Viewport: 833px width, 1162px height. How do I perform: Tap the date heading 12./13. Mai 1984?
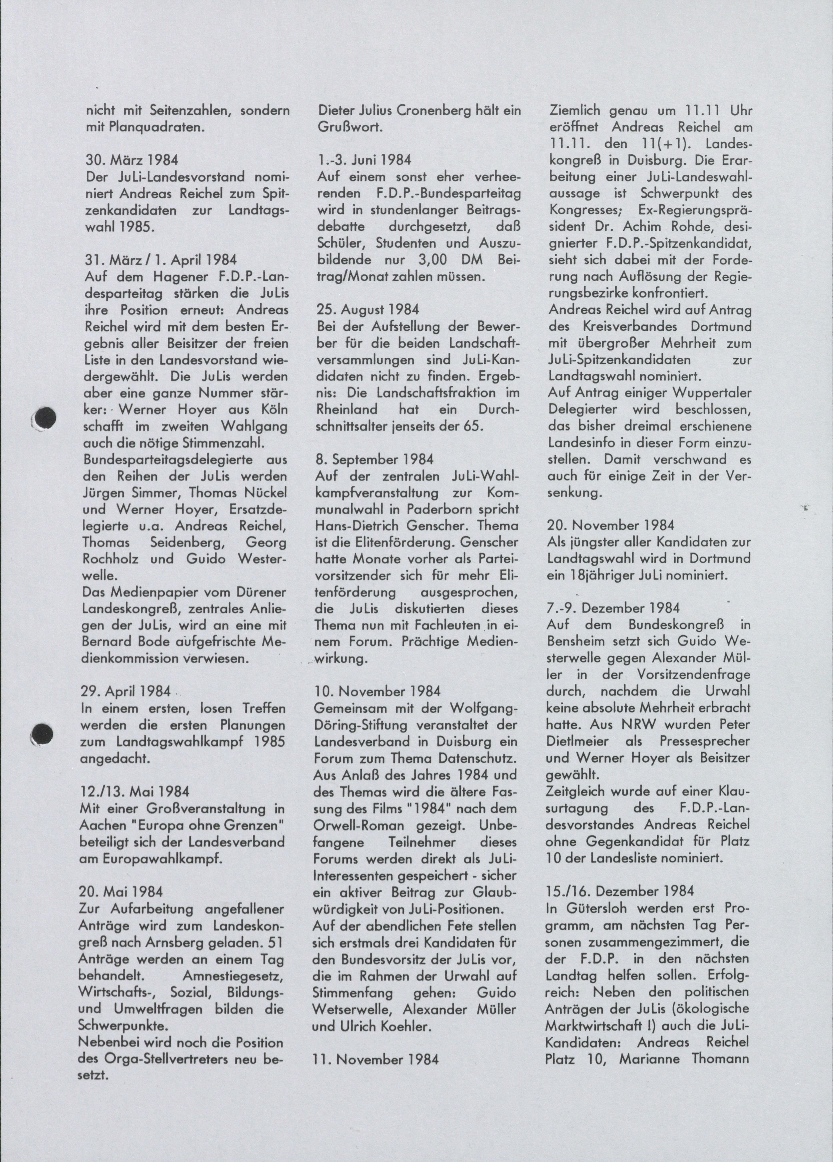(135, 792)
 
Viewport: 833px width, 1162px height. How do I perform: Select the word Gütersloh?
(594, 908)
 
